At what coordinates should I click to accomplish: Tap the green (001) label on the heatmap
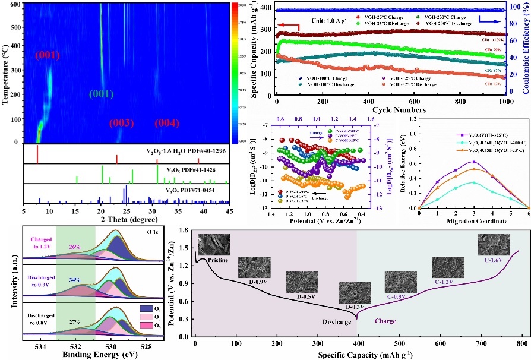[103, 93]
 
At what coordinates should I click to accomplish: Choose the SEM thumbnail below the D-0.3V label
[355, 292]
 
